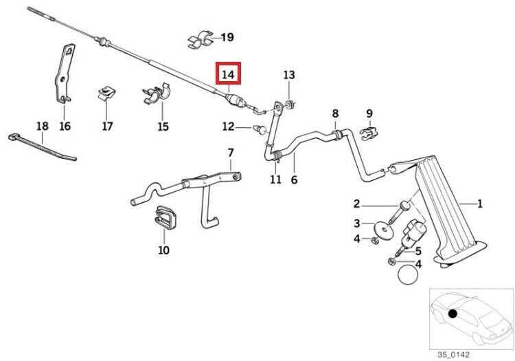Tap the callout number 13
[x=288, y=74]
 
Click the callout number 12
[x=228, y=127]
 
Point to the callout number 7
[x=231, y=152]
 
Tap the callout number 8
[x=335, y=113]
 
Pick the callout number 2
[x=356, y=203]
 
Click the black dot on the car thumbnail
[x=453, y=314]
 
